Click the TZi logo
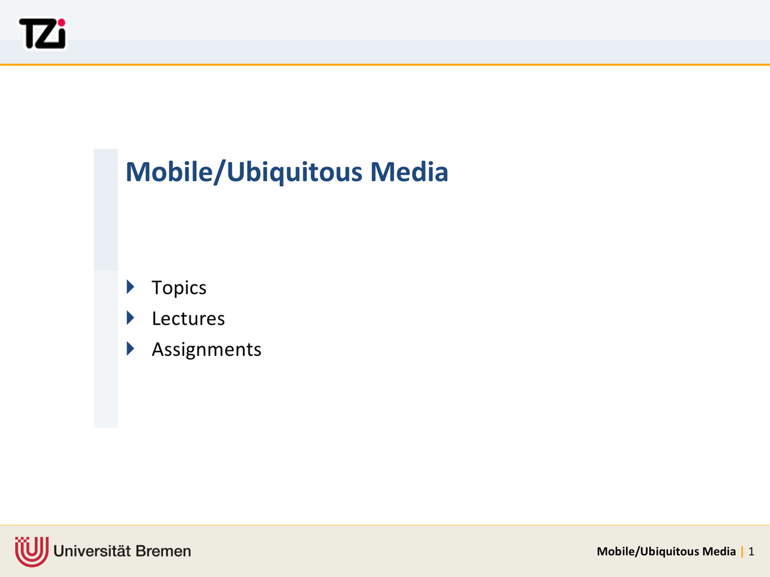pos(43,34)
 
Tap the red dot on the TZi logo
pos(61,23)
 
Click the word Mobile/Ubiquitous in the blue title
pos(244,172)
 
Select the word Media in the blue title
pos(409,172)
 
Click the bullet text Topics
pos(179,288)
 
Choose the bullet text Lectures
pos(188,319)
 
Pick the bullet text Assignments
pos(206,350)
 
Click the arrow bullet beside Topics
pos(131,287)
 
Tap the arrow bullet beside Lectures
pos(131,318)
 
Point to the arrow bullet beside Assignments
pos(131,349)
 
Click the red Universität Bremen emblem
pos(31,551)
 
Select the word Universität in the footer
pos(92,551)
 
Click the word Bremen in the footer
pos(164,551)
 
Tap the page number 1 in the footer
pos(751,551)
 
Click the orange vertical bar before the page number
pos(742,551)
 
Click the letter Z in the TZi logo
pos(49,35)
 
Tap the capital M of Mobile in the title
pos(139,172)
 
